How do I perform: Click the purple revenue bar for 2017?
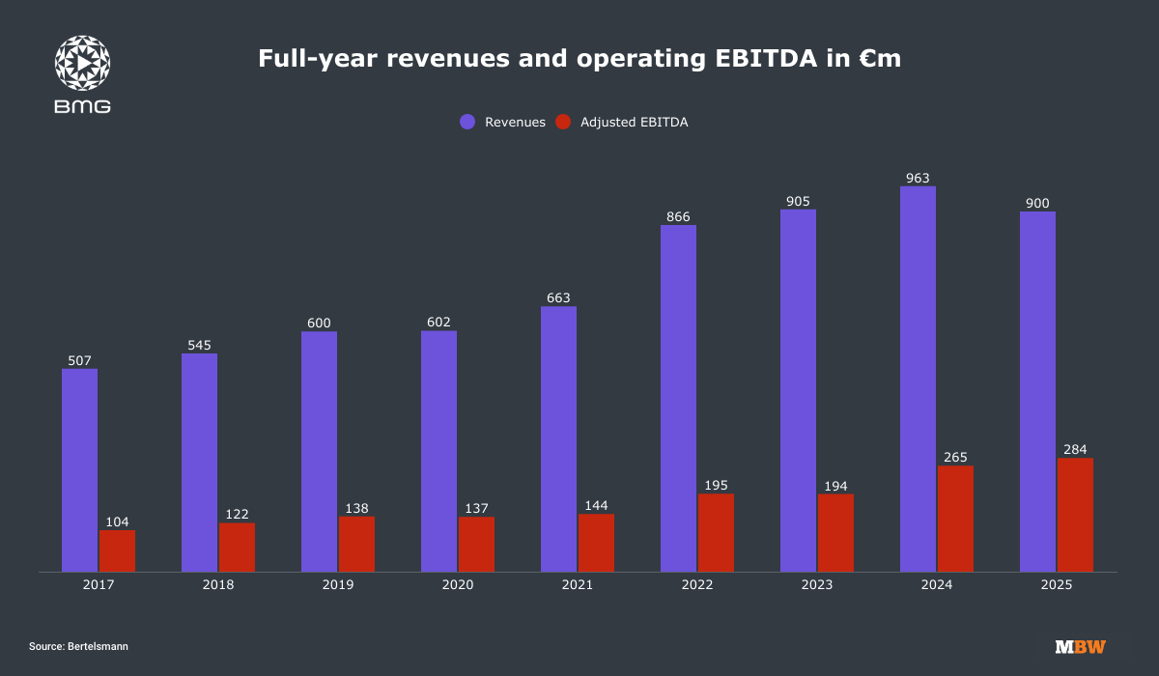(x=79, y=470)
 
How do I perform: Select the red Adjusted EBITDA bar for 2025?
(x=1075, y=515)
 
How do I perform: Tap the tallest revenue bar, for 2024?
(x=918, y=379)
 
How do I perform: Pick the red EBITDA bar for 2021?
(x=596, y=543)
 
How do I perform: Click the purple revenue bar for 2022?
(x=678, y=398)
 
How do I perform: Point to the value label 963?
(x=918, y=178)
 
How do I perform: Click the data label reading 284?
(x=1075, y=449)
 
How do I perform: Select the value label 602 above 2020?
(x=438, y=323)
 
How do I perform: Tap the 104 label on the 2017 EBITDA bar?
(x=117, y=521)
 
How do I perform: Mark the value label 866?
(x=678, y=217)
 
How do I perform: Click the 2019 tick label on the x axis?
(x=338, y=585)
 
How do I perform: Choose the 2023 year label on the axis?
(x=817, y=585)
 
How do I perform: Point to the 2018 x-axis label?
(x=218, y=585)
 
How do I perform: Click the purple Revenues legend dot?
(x=467, y=123)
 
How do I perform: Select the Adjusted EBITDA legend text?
(x=634, y=123)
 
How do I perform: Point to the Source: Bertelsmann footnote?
(x=78, y=646)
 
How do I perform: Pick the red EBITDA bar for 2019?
(x=356, y=544)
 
